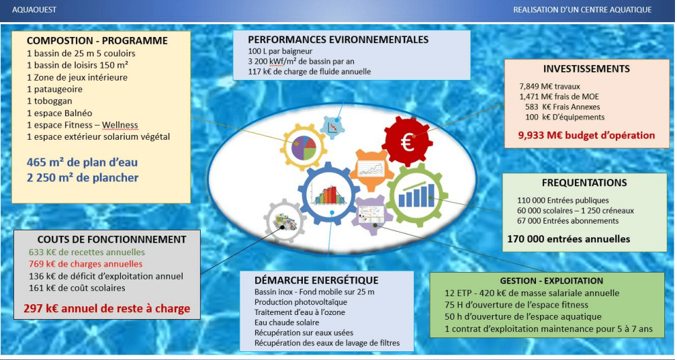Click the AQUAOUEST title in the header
[x=34, y=9]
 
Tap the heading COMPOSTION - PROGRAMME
[x=97, y=41]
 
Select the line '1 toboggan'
[x=49, y=101]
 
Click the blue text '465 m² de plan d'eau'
[x=82, y=163]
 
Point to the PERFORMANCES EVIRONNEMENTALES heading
[x=338, y=40]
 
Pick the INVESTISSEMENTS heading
[x=586, y=69]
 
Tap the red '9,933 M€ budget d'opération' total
[x=586, y=135]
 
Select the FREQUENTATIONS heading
[x=584, y=183]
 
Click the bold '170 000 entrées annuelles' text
[x=569, y=238]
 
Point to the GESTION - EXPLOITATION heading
[x=551, y=281]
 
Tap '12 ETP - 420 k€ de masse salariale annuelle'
[x=532, y=293]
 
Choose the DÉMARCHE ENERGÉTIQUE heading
[x=316, y=280]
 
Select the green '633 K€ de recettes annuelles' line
[x=87, y=252]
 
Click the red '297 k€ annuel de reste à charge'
[x=107, y=309]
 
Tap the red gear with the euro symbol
[x=407, y=142]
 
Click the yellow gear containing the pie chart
[x=303, y=146]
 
